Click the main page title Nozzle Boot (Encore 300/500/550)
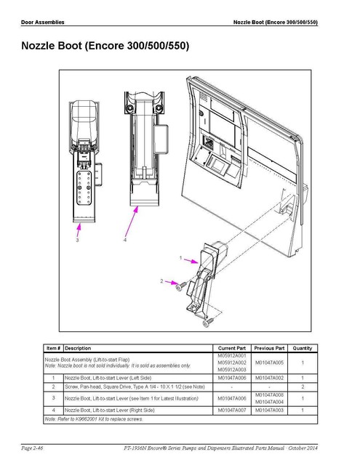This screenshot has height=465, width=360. [101, 46]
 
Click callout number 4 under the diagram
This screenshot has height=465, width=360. [124, 240]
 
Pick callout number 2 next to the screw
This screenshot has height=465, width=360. [161, 280]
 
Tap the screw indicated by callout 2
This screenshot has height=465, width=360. [177, 288]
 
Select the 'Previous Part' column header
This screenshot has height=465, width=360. [269, 348]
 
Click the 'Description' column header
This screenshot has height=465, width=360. [78, 348]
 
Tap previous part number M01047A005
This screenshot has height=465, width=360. [270, 363]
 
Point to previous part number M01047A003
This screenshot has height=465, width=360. [270, 411]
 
